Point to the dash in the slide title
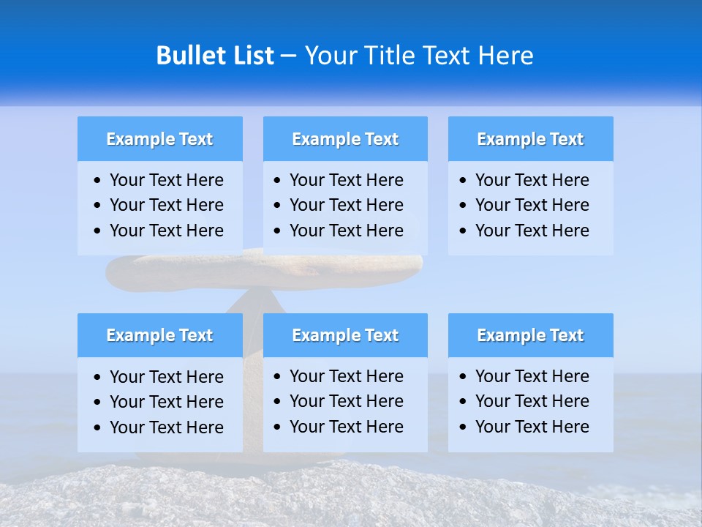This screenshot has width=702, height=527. (x=288, y=56)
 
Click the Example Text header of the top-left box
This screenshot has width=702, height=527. (x=159, y=139)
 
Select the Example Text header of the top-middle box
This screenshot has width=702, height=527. (x=345, y=139)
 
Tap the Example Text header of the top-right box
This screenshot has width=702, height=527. (x=530, y=139)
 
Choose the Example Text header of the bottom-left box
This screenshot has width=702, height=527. (x=159, y=335)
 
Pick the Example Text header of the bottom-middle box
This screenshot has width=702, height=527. (x=345, y=335)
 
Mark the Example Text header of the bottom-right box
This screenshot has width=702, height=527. (x=530, y=335)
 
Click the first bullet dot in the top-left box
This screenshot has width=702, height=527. (x=98, y=181)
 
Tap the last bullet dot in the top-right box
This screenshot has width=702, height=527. (x=463, y=231)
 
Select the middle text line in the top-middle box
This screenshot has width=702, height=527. (x=346, y=205)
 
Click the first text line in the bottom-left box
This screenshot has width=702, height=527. (x=166, y=377)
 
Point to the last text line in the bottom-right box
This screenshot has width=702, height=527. (x=532, y=427)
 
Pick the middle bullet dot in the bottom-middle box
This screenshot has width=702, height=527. (x=277, y=402)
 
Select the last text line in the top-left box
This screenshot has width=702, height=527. (x=166, y=231)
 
